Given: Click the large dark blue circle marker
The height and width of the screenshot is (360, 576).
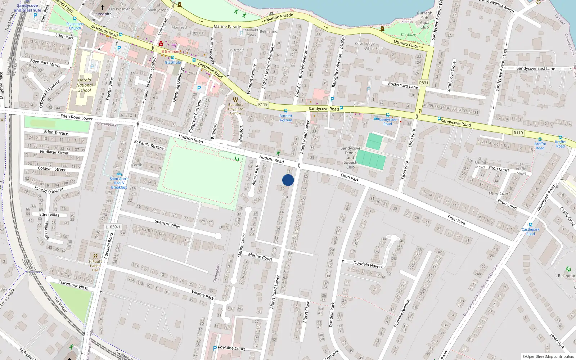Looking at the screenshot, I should (x=288, y=180).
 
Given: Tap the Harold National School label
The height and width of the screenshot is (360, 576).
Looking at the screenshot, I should (x=85, y=85).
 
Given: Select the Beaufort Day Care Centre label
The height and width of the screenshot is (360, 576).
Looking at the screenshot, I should (x=235, y=109).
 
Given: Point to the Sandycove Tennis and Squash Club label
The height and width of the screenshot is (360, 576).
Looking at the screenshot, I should (x=350, y=158).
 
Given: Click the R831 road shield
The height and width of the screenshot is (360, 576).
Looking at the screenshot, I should (x=424, y=83).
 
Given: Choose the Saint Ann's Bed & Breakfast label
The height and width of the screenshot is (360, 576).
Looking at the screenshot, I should (x=119, y=183).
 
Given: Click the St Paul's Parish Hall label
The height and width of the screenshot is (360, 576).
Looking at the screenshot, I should (x=95, y=266).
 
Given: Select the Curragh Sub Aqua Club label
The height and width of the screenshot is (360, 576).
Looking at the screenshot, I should (x=425, y=20).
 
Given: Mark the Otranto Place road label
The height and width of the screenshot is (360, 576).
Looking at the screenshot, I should (x=406, y=44).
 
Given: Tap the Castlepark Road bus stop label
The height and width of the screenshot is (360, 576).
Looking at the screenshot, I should (x=530, y=231).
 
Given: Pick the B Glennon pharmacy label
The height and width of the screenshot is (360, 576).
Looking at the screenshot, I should (x=170, y=51).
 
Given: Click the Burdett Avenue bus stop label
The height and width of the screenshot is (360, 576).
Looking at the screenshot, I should (x=286, y=118).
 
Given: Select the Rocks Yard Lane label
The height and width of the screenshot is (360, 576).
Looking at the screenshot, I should (x=403, y=85).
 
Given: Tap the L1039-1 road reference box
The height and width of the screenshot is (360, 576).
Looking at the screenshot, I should (x=113, y=227).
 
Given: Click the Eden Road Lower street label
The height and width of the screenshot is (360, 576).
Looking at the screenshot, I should (x=77, y=117).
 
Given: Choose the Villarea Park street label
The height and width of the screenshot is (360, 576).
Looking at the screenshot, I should (x=202, y=295).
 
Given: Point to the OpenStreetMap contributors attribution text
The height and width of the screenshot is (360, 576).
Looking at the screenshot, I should (x=548, y=356).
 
